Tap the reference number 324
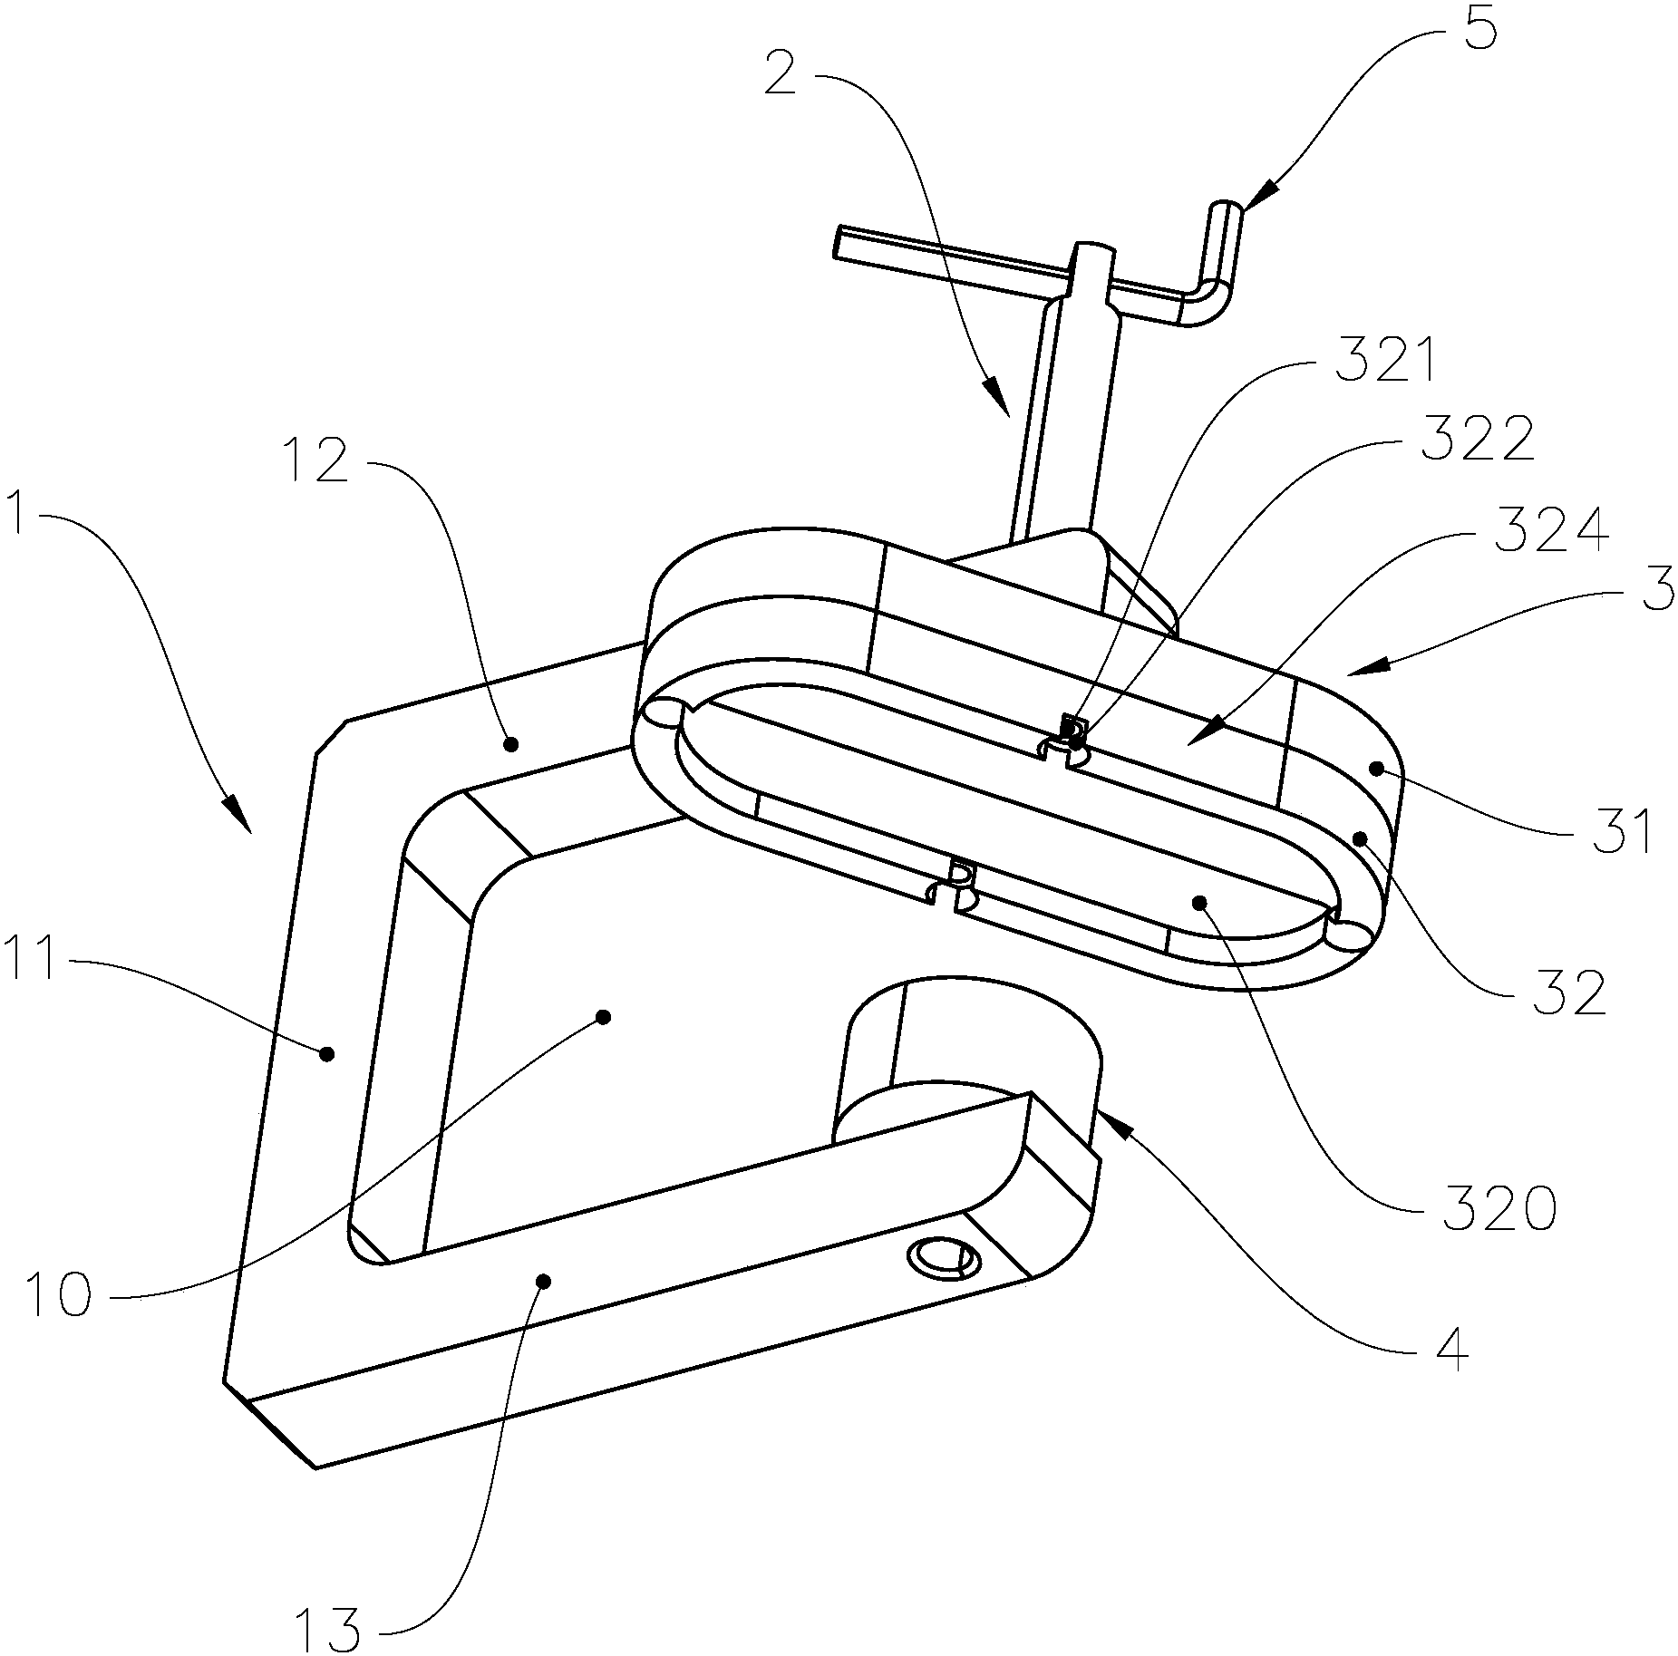coord(1551,531)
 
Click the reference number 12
coord(318,460)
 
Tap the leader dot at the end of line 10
coord(603,1016)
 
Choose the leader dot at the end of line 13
coord(544,1281)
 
